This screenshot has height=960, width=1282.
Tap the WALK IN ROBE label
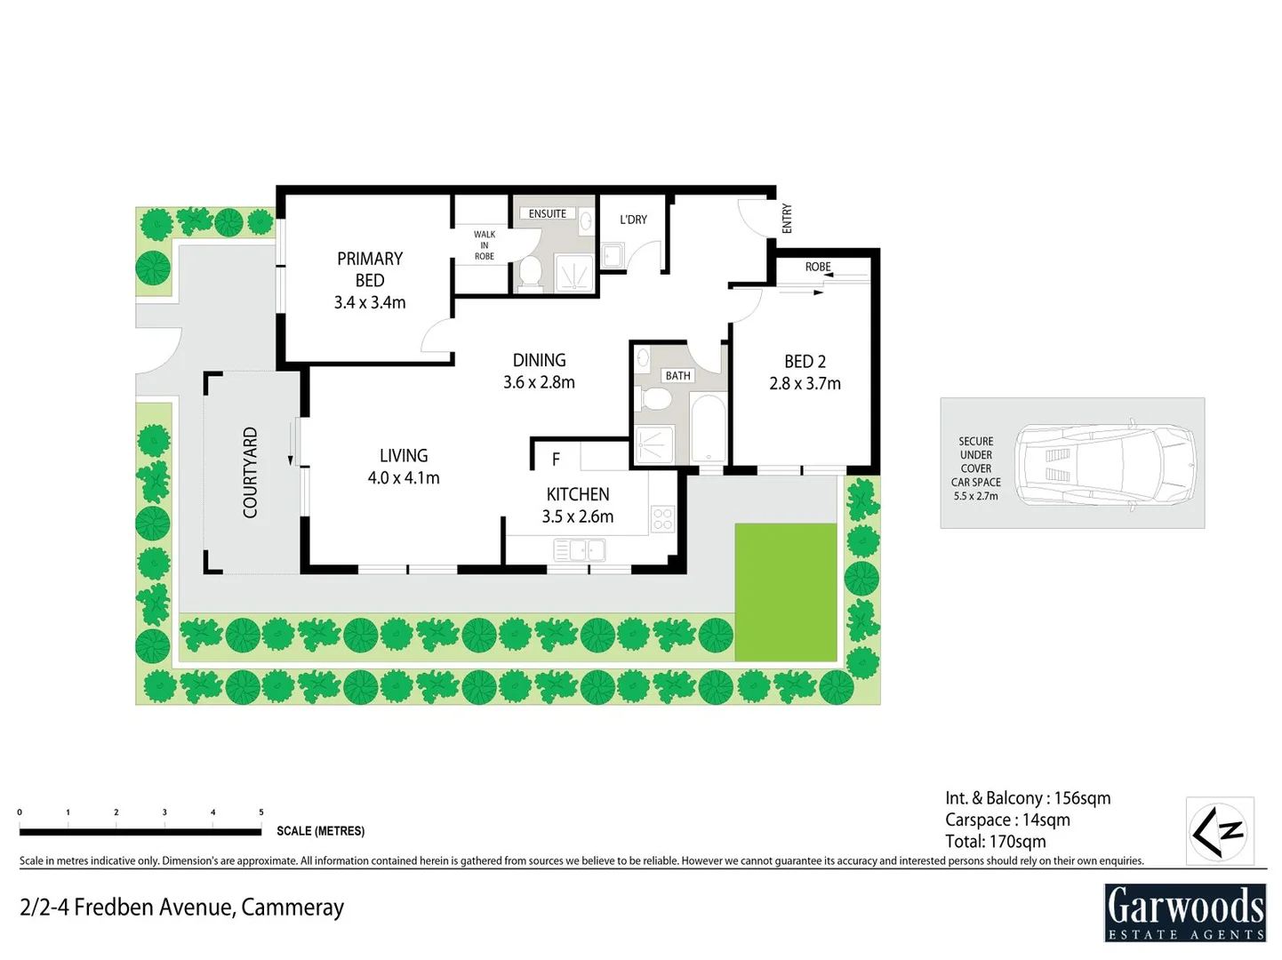point(484,245)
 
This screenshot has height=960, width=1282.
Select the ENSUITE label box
point(547,213)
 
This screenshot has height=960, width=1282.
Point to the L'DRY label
point(633,220)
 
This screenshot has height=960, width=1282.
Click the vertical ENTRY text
point(786,219)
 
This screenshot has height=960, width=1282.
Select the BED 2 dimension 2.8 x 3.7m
point(805,384)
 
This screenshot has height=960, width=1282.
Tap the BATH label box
point(677,376)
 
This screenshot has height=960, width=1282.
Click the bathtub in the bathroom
point(709,428)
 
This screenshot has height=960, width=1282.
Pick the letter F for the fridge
point(556,459)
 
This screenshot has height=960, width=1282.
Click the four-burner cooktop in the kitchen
point(663,518)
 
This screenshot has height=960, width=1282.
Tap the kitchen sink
point(580,551)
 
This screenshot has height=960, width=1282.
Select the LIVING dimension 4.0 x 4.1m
point(404,478)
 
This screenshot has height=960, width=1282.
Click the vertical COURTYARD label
point(250,472)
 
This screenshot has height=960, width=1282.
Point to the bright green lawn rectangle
point(786,591)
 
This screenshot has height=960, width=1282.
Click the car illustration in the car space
point(1106,464)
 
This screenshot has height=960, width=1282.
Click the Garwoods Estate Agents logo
point(1184,912)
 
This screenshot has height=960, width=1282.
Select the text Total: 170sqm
point(995,841)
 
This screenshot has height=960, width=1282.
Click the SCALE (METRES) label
point(320,831)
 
